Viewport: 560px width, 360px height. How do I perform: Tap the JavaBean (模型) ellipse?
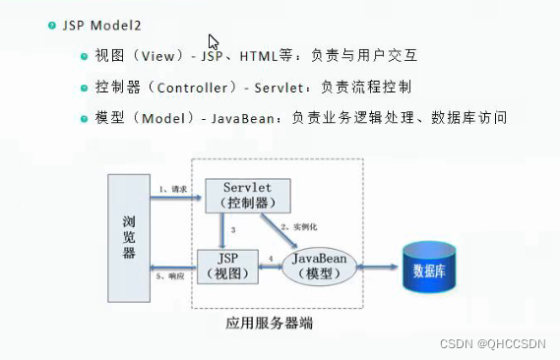(318, 264)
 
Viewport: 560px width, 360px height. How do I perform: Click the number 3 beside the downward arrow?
(232, 230)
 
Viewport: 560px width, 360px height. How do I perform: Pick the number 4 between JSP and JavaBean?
(272, 257)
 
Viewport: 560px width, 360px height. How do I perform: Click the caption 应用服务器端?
(269, 322)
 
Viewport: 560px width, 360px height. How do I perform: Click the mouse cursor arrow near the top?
(213, 41)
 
